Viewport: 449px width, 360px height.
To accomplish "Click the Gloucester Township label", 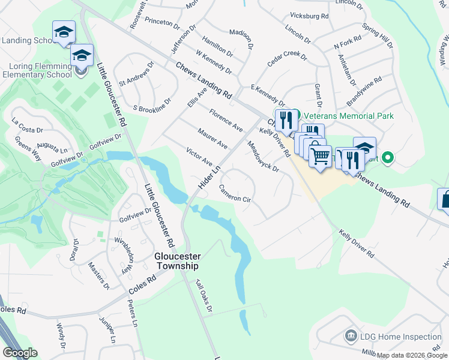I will [x=176, y=260].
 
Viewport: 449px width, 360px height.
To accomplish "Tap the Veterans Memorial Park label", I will [x=349, y=115].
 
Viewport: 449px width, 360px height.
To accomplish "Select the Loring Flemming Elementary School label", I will [x=36, y=71].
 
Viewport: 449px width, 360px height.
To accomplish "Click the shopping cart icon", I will [x=321, y=157].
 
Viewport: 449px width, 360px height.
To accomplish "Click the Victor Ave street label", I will [x=200, y=157].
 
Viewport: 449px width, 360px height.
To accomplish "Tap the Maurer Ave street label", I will [x=212, y=137].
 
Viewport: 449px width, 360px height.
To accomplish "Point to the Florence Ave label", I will [x=226, y=120].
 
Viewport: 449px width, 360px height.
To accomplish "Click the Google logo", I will [x=20, y=353].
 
